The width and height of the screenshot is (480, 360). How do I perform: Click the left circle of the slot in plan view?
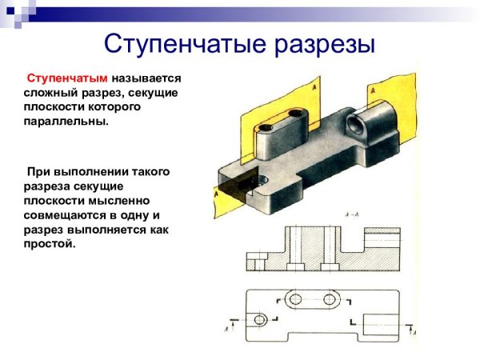point(295,298)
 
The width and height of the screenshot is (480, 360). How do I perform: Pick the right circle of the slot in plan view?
point(330,298)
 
